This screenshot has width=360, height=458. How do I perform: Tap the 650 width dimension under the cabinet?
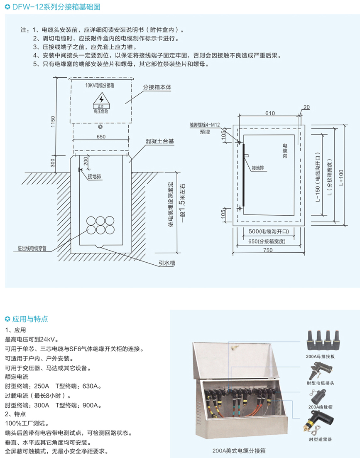[101, 136]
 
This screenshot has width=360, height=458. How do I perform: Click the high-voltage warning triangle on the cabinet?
[100, 100]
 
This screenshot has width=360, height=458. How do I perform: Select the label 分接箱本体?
[157, 88]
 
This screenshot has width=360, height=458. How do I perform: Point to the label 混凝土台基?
[160, 141]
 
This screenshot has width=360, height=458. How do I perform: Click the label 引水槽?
[166, 262]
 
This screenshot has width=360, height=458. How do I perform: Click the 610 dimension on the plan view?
[270, 113]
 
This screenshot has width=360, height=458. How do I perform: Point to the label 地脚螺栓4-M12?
[205, 124]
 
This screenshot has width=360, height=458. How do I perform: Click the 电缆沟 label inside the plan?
[285, 151]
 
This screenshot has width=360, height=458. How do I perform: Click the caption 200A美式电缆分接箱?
[239, 451]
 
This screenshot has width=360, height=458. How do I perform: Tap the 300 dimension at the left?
[52, 162]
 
